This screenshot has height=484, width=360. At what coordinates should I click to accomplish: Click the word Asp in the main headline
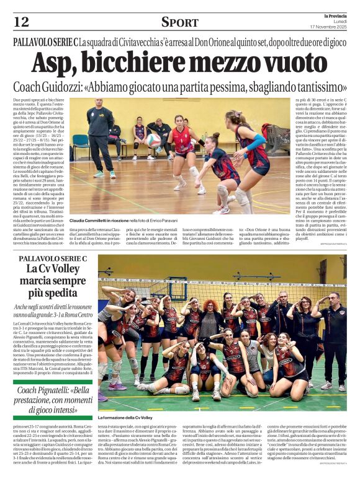pyautogui.click(x=55, y=62)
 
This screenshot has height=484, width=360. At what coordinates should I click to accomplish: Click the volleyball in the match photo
pyautogui.click(x=153, y=140)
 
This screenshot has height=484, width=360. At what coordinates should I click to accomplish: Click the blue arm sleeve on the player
pyautogui.click(x=255, y=144)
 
